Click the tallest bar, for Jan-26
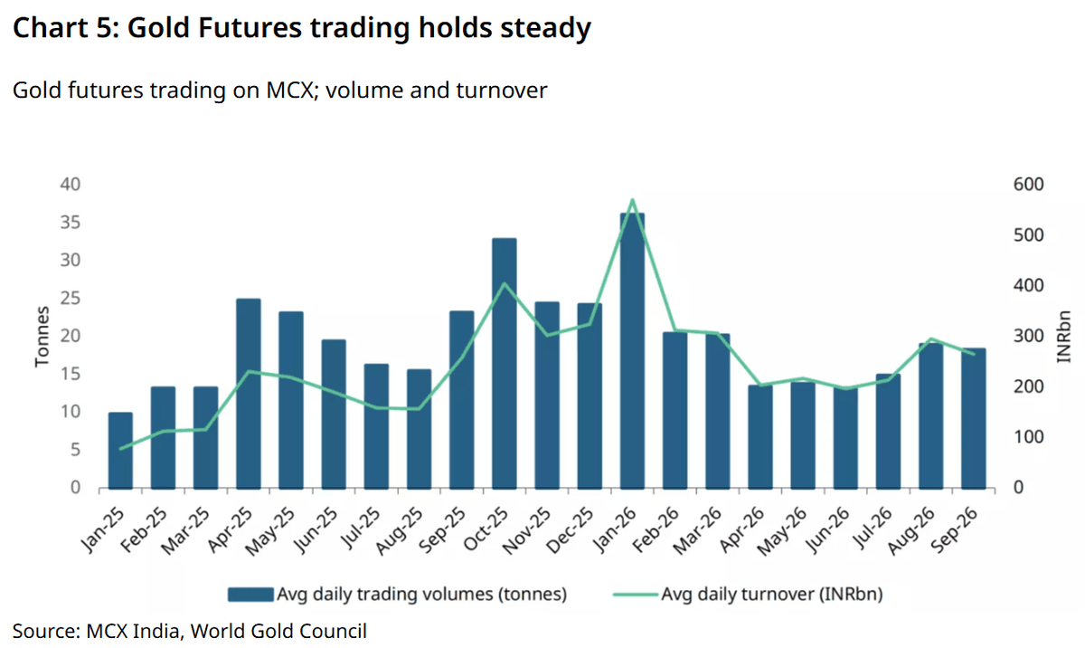point(632,350)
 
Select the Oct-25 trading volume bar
point(505,363)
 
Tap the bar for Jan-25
point(120,451)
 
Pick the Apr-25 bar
point(249,394)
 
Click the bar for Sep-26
point(974,418)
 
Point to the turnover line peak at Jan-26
point(633,200)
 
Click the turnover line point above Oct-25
point(505,283)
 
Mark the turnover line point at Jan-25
point(120,449)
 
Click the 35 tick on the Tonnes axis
point(71,223)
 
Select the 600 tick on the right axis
point(1028,185)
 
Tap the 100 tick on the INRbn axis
point(1028,437)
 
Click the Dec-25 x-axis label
point(570,530)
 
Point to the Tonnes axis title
point(42,337)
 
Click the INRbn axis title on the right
point(1063,337)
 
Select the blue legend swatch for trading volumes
point(250,595)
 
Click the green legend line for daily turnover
point(635,595)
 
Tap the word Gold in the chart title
point(158,28)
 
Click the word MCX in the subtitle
point(289,91)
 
